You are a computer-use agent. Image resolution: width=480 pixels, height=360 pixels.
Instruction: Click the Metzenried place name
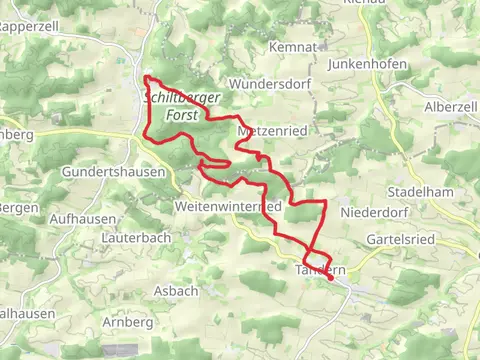tap(270, 131)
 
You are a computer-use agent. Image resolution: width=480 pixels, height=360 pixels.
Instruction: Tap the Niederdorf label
tap(372, 212)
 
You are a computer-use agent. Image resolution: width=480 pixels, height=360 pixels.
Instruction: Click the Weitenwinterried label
tap(227, 206)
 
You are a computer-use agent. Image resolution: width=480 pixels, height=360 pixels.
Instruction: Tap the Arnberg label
tap(127, 322)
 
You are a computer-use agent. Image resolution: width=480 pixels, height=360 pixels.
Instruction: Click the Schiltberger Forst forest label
tap(185, 106)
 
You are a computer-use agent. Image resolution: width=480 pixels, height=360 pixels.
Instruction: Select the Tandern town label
tap(317, 270)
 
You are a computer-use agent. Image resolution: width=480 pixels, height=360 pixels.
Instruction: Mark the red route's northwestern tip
tap(147, 78)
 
